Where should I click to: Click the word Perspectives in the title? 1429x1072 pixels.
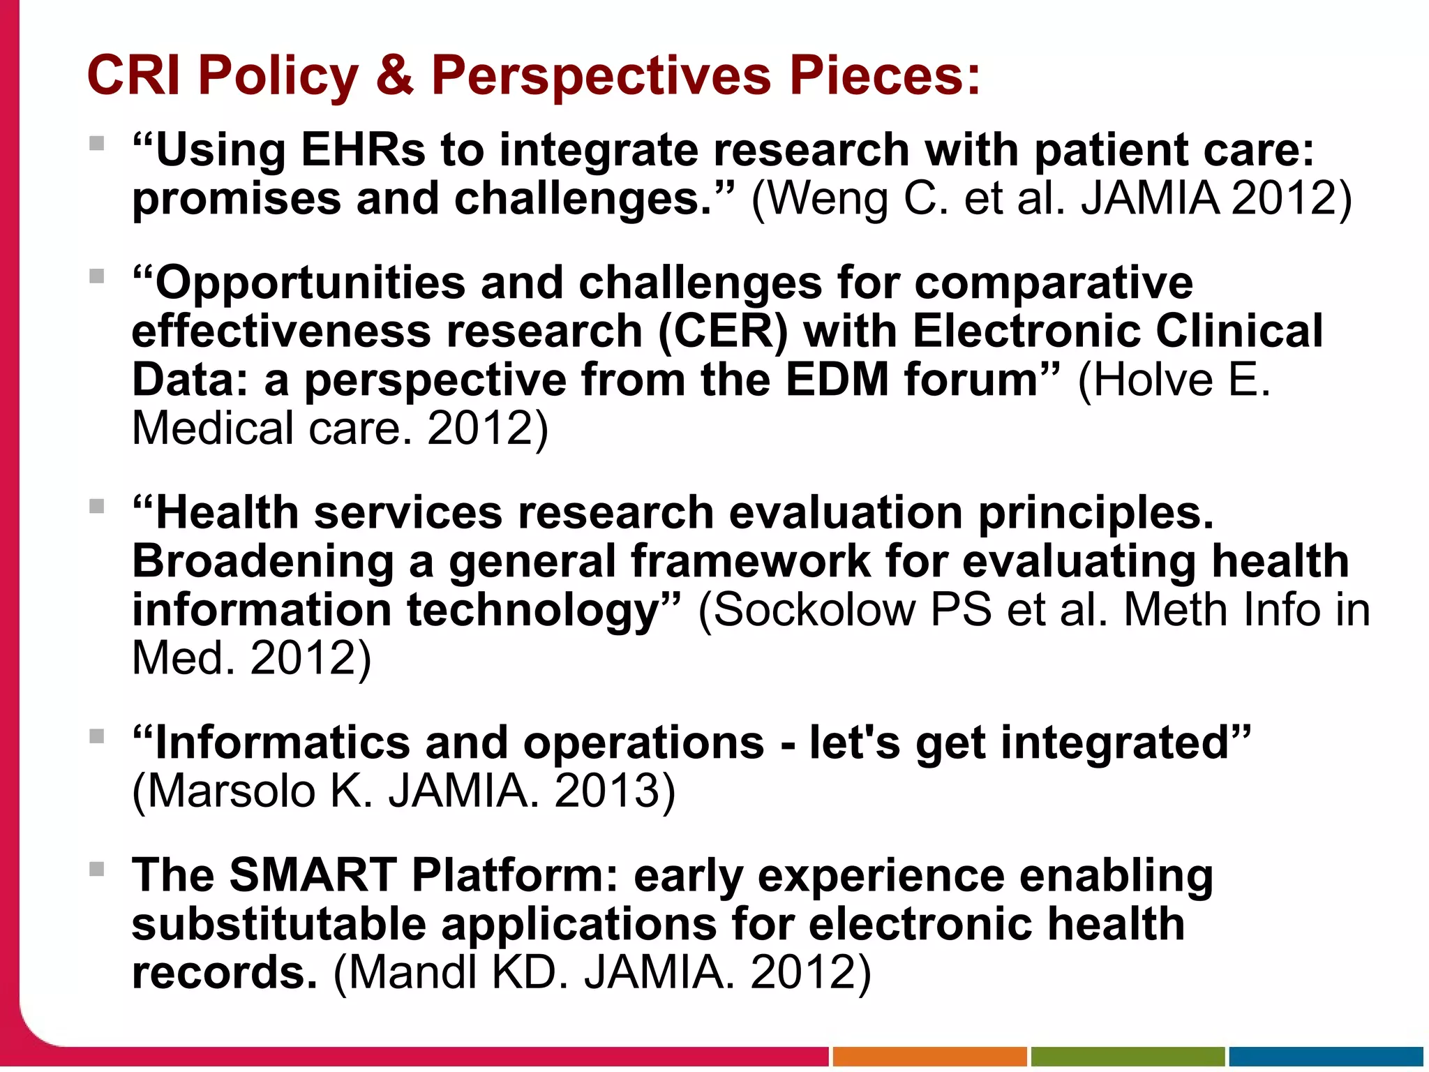point(601,75)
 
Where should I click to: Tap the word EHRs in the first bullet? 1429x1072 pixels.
point(363,150)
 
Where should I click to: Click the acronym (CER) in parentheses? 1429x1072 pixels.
point(723,332)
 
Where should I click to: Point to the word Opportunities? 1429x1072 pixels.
point(310,284)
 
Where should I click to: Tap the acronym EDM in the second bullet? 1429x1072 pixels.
point(837,380)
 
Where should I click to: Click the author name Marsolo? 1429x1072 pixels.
point(231,792)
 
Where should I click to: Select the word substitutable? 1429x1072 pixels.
point(278,925)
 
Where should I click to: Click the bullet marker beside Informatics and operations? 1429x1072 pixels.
point(97,736)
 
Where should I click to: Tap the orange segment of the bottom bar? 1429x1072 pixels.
point(929,1057)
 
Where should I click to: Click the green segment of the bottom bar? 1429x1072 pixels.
point(1128,1057)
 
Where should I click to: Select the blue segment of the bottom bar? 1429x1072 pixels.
point(1326,1057)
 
